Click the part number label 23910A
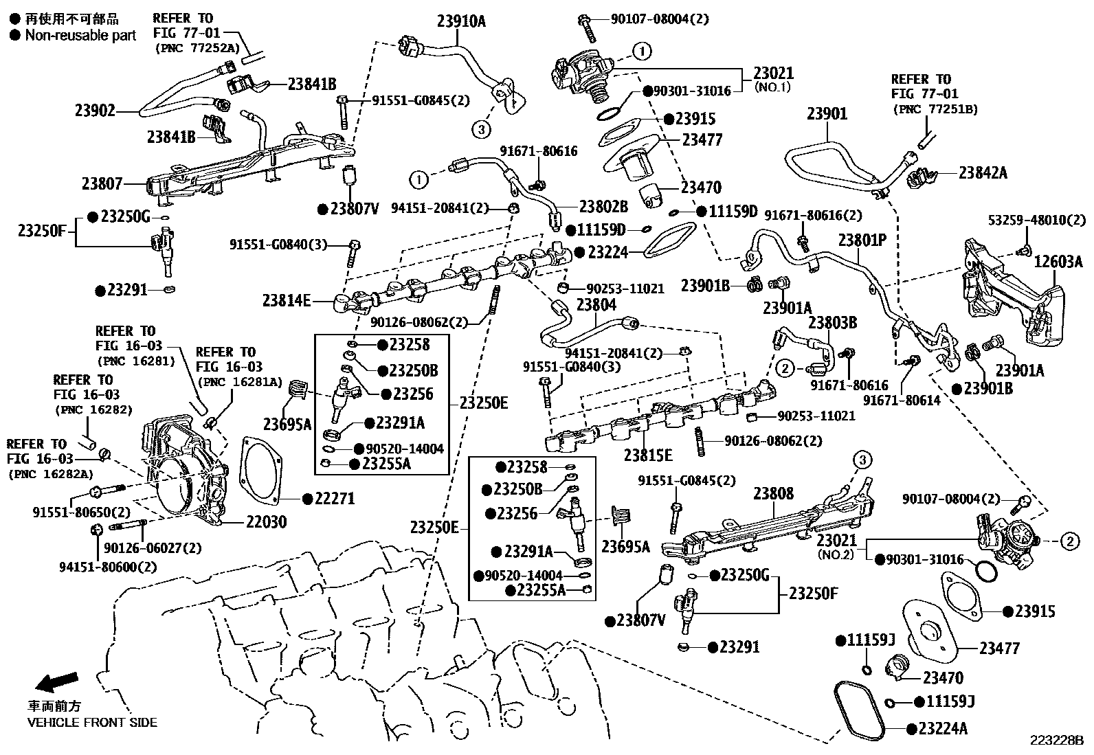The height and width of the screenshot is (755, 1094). point(460,21)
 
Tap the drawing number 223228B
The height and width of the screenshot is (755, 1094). point(1056,741)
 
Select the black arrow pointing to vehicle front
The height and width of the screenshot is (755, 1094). point(56,681)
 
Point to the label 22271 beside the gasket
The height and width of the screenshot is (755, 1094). point(334,498)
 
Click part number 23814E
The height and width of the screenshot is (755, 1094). point(287,300)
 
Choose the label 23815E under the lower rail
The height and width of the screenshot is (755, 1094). point(648,455)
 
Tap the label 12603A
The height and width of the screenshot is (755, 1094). point(1059,261)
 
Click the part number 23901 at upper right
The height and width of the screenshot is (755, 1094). point(827,114)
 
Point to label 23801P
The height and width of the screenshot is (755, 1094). point(862,240)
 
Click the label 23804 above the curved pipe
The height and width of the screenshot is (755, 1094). point(596,304)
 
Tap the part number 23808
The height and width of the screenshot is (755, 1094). point(773,493)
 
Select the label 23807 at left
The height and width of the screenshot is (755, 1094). point(102,183)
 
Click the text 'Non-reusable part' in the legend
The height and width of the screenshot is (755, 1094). point(80,35)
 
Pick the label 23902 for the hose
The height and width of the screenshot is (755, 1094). point(95,110)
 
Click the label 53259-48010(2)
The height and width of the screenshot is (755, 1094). point(1037,221)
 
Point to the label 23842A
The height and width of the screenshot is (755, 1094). point(983,172)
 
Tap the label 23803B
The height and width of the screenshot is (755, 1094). point(832,322)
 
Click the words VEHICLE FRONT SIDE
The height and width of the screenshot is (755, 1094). point(92,722)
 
